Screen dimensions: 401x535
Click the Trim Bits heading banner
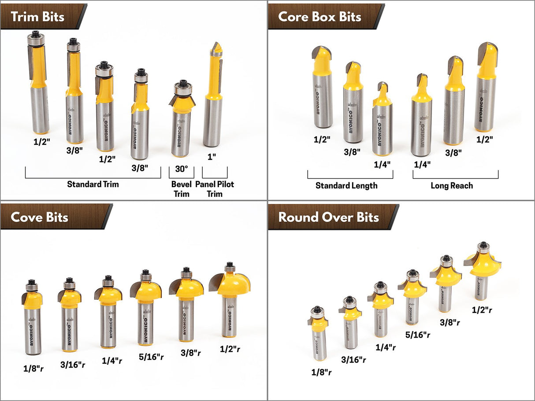[x=37, y=17]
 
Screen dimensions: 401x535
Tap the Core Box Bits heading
[x=320, y=17]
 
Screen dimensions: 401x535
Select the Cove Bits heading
[x=40, y=217]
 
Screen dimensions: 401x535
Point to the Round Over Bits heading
[x=328, y=217]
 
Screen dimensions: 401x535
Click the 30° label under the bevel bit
[x=182, y=169]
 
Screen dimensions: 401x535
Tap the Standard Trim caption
[x=93, y=184]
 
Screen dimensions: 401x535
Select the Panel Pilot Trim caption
[x=215, y=189]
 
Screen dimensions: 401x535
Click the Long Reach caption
[x=452, y=186]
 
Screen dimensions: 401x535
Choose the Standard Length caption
[x=346, y=186]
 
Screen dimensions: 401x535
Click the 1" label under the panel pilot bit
[x=212, y=156]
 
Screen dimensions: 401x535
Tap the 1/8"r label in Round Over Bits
[x=322, y=372]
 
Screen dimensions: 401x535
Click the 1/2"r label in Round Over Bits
[x=482, y=310]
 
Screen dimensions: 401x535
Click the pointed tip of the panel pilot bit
[x=216, y=45]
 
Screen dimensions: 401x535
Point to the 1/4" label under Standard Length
[x=381, y=164]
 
